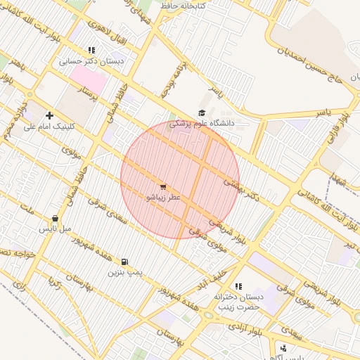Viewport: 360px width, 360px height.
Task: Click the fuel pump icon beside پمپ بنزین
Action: tap(125, 262)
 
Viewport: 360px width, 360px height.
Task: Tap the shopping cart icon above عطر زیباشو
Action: tap(163, 187)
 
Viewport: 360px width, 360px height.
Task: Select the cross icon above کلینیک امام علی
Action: tap(49, 115)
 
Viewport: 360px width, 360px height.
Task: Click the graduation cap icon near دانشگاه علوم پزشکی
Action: tap(202, 112)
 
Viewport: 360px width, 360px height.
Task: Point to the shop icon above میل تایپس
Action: tap(55, 219)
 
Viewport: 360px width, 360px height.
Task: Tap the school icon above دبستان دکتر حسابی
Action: tap(91, 50)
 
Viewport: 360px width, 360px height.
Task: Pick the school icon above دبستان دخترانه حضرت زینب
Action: tap(238, 286)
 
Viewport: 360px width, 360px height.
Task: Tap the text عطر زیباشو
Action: tap(163, 198)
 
